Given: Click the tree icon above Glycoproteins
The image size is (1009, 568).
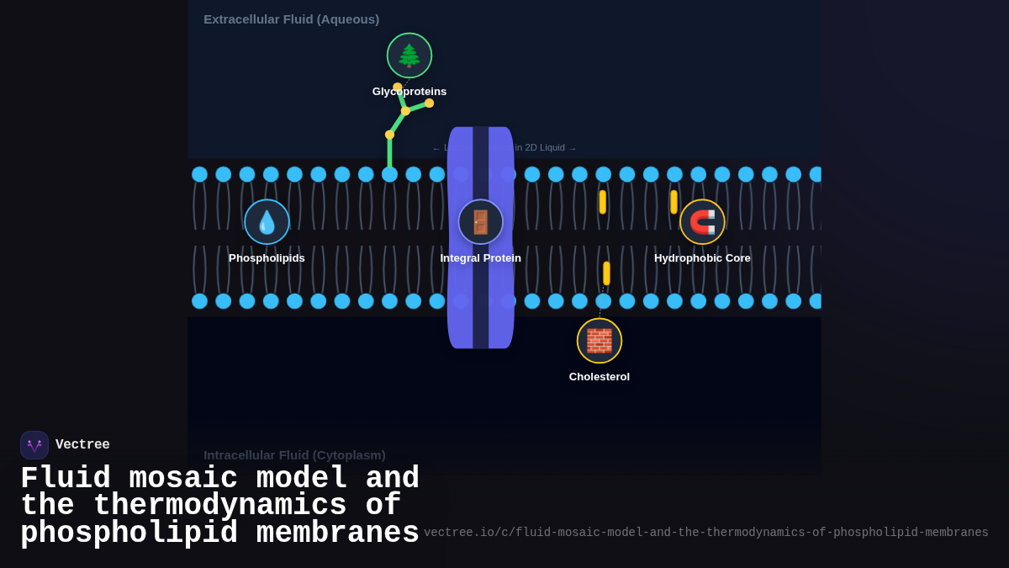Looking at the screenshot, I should [x=409, y=56].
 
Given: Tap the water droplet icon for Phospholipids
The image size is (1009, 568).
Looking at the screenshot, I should [x=267, y=222].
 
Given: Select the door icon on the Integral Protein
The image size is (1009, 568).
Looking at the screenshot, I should [x=481, y=222].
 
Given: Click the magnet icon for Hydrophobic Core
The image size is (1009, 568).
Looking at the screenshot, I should [x=702, y=222].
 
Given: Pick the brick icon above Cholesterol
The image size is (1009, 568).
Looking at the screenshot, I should [x=600, y=341].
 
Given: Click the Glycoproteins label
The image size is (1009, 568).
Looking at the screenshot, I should [x=409, y=92].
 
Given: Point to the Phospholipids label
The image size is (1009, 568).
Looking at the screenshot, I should [x=267, y=258].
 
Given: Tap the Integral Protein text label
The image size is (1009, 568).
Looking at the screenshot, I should [x=480, y=258].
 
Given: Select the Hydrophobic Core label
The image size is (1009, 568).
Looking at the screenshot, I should [x=702, y=258].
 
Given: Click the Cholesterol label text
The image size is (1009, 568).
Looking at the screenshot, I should [x=600, y=377].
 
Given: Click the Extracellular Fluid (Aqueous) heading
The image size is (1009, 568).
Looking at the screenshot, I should [x=291, y=19].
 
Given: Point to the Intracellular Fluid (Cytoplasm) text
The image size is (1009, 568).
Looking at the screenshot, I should [x=294, y=455].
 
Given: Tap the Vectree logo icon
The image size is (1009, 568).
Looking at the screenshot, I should [x=34, y=445].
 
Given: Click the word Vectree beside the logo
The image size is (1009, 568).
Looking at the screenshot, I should [x=82, y=445].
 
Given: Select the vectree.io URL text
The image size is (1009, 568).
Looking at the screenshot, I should [x=705, y=533].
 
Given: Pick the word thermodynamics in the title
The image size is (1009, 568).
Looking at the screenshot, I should [x=219, y=506].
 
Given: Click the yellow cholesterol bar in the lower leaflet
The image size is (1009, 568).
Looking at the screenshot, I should [x=606, y=273].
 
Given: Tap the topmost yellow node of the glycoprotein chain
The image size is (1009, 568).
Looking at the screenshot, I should [x=398, y=88].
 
